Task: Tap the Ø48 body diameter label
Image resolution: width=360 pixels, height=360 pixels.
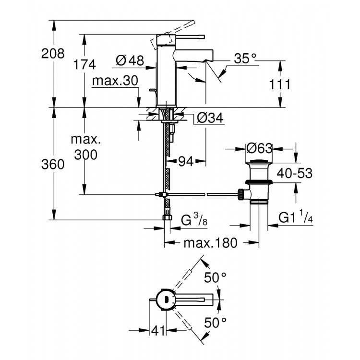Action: pos(130,60)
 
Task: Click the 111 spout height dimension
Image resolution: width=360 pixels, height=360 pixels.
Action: pos(280,84)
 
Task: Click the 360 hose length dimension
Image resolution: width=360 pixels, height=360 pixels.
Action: pos(53,164)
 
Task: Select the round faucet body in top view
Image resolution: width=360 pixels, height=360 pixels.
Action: pos(164,299)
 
